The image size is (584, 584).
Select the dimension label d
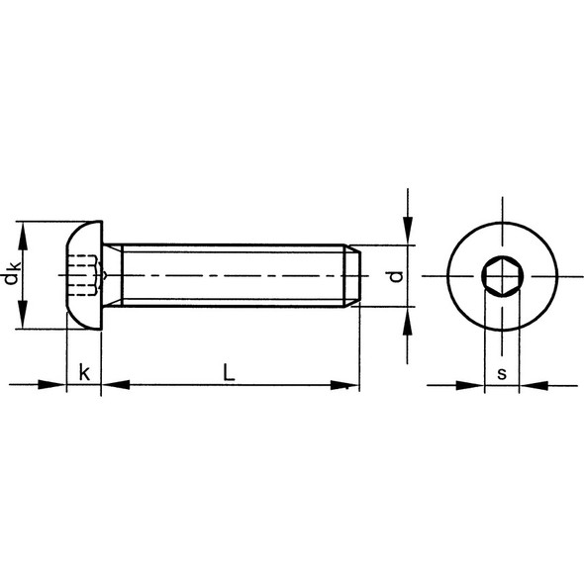(395, 276)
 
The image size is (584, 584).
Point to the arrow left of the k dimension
(55, 384)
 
